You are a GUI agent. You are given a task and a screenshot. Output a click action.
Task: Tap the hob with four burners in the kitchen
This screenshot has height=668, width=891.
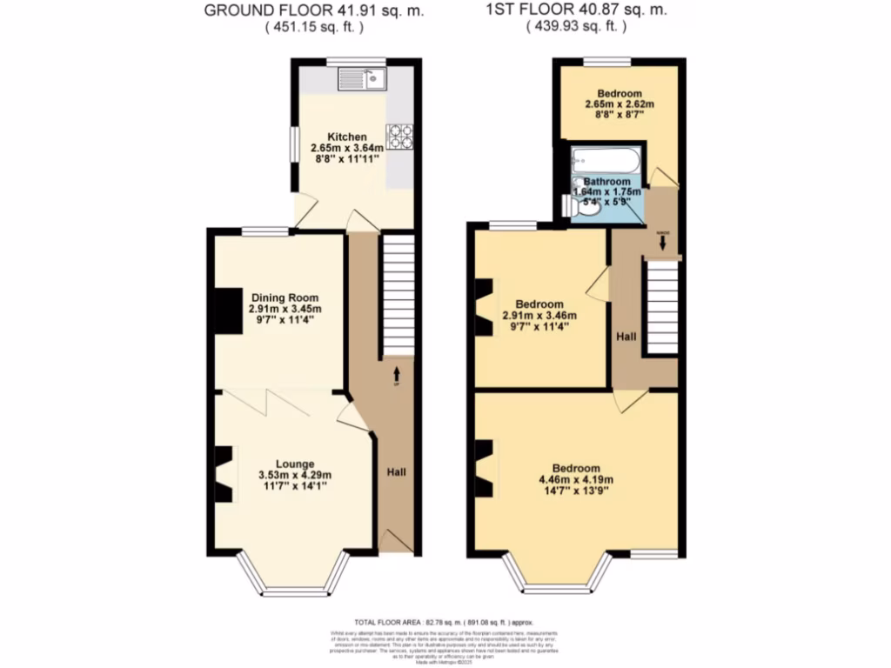click(399, 136)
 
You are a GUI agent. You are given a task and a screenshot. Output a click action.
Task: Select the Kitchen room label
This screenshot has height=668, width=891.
click(346, 137)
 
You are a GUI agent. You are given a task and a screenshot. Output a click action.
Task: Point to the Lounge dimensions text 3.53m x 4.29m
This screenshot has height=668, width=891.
click(295, 475)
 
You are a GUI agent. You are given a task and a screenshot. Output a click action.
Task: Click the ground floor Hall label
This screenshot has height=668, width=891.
click(396, 471)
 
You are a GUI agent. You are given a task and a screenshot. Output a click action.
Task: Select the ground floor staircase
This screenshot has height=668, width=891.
click(397, 296)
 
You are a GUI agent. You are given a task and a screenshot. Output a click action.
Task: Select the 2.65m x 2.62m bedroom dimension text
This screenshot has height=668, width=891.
click(619, 105)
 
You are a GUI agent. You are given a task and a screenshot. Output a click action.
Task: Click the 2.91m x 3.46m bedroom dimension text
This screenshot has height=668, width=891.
click(539, 316)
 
